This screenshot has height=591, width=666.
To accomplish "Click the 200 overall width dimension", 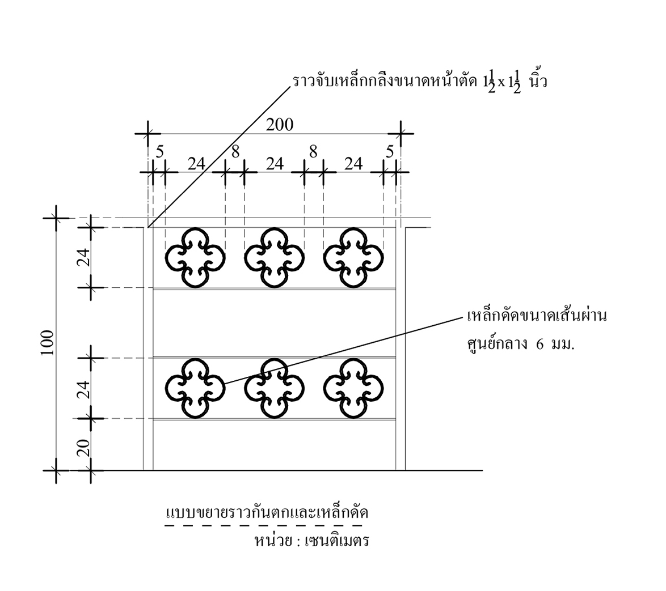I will coord(280,125).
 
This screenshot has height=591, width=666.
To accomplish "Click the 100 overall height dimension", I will coord(47,342).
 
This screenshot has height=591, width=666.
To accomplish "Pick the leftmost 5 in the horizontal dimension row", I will coord(159,151).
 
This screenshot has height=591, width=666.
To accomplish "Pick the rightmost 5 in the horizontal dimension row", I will coord(389,151).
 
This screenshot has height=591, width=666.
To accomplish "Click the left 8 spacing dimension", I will coord(235,151).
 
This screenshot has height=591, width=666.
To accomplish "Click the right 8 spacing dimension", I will coord(313,151).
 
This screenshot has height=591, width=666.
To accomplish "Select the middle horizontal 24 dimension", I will coord(275,164).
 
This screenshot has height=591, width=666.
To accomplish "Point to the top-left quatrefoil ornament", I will coord(195,258).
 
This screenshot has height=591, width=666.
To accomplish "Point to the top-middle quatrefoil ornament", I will coord(274,258).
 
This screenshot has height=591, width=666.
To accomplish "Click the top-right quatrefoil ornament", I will coord(353,258).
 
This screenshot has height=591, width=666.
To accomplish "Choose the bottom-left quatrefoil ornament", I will coord(195,389).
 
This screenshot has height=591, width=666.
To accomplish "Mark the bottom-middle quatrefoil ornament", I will coord(274,389).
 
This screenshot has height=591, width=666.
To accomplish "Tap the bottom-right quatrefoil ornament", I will coord(353,389).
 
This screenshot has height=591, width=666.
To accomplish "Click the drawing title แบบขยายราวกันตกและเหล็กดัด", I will coord(267,513).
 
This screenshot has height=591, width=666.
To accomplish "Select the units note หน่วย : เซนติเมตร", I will coord(311,540).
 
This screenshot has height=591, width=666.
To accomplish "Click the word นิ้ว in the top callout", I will coord(536,82).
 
